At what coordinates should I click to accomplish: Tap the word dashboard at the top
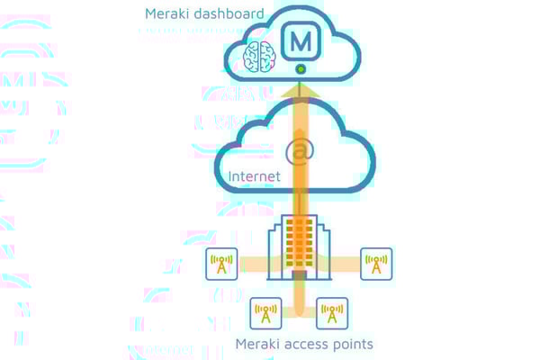coord(232,13)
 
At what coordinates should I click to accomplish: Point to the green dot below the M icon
coord(300,68)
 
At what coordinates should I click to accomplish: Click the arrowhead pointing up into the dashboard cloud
coord(300,86)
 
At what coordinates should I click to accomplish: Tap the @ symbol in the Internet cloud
coord(300,151)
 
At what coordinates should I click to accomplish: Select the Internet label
coord(256,175)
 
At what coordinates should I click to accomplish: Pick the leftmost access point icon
coord(222,264)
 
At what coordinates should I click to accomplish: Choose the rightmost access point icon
coord(376,264)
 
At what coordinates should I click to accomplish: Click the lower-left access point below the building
coord(265,312)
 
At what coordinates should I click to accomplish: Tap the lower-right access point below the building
coord(331,312)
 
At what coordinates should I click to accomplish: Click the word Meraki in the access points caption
coord(258,344)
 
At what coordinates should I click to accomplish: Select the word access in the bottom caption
coord(310,344)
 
